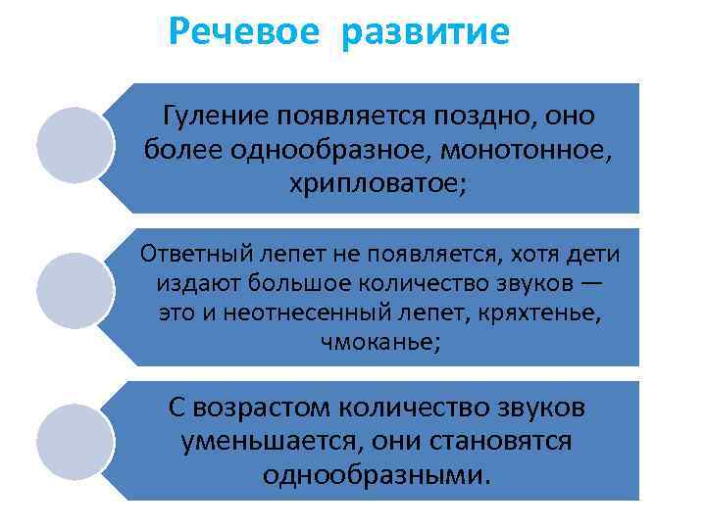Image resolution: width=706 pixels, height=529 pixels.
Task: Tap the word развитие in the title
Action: pyautogui.click(x=426, y=33)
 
